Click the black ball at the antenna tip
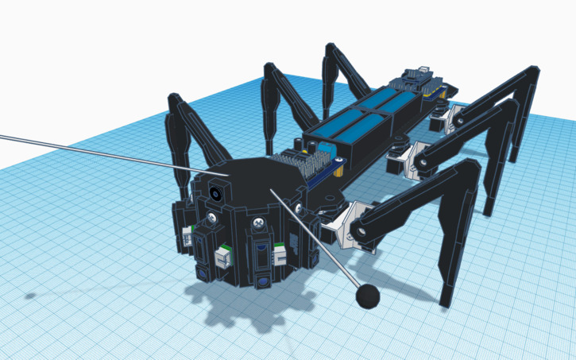[x=367, y=296]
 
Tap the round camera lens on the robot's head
[x=215, y=192]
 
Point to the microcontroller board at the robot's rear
[x=418, y=78]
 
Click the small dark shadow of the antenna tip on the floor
[x=29, y=296]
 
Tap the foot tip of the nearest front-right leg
[x=446, y=301]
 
